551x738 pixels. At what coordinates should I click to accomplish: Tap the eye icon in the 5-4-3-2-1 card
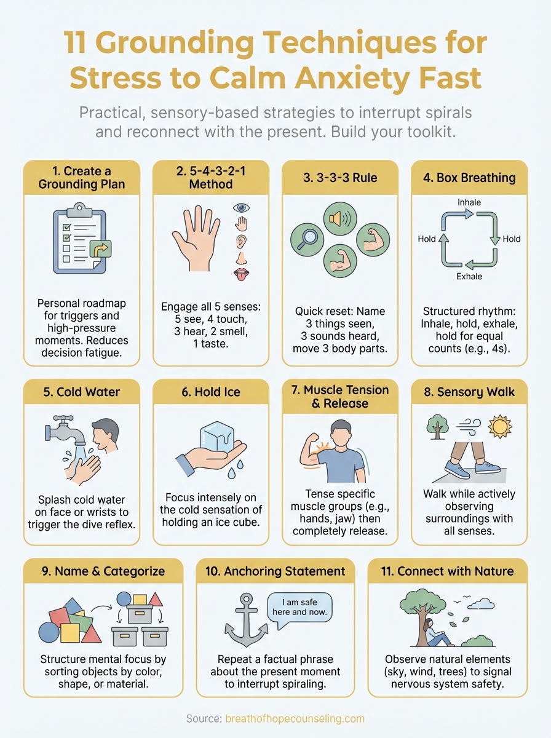240,208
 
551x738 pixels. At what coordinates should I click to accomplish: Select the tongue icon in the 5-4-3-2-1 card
240,274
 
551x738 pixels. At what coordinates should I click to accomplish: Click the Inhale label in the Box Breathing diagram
469,202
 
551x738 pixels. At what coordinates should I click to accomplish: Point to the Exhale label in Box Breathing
469,277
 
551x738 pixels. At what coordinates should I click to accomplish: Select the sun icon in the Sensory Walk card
499,426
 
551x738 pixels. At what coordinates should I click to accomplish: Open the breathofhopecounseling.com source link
295,718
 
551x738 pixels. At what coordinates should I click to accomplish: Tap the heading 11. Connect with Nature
446,571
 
